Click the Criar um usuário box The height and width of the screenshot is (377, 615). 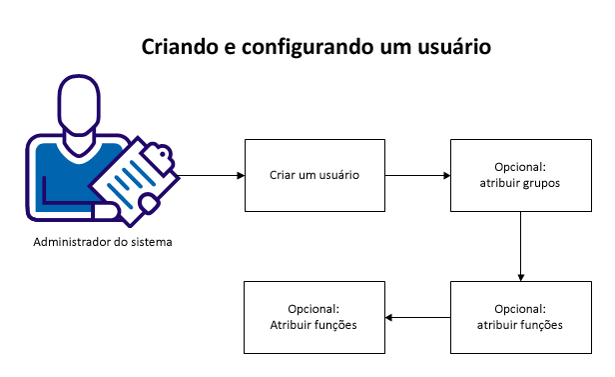(314, 175)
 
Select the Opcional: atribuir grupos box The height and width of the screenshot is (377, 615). (520, 175)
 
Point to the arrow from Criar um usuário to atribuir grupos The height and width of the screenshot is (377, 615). (417, 175)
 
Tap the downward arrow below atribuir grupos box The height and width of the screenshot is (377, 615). (520, 246)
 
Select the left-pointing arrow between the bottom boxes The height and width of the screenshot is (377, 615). (417, 317)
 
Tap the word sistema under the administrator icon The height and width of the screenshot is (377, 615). (139, 242)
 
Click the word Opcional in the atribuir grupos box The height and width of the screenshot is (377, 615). (520, 167)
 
